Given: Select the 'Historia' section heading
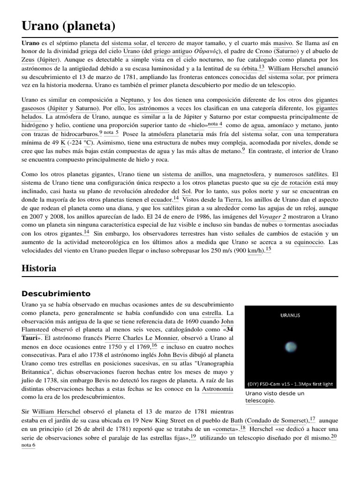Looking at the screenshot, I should point(39,268).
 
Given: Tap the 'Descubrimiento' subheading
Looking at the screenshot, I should point(56,294).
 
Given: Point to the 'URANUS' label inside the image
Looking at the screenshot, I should point(290,315).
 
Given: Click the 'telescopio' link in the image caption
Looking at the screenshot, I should point(260,401).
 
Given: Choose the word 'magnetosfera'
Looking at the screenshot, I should point(247,174).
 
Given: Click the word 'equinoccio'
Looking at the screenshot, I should point(309,242).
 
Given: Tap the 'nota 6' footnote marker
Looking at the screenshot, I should point(29,445).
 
